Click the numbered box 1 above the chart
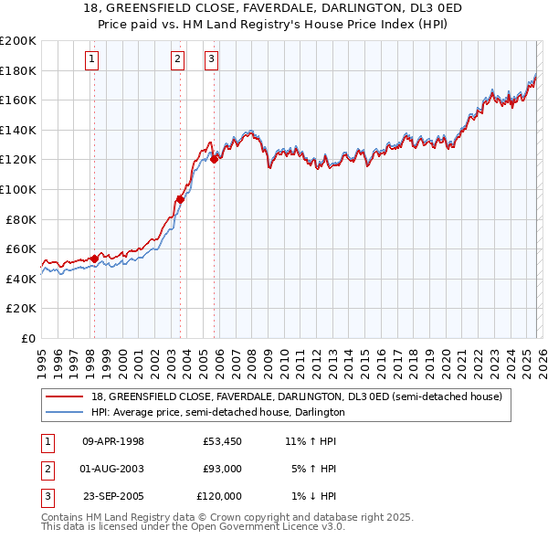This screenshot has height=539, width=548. pyautogui.click(x=93, y=60)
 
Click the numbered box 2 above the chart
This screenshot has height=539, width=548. pyautogui.click(x=177, y=60)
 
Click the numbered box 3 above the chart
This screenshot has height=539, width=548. pyautogui.click(x=211, y=60)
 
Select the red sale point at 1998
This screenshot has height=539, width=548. pyautogui.click(x=94, y=259)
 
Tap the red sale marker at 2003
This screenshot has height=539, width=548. pyautogui.click(x=180, y=199)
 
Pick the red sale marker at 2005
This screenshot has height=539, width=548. pyautogui.click(x=215, y=159)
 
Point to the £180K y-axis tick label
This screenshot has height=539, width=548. pyautogui.click(x=17, y=70)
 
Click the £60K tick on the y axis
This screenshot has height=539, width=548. pyautogui.click(x=21, y=248)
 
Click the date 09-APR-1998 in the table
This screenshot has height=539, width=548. pyautogui.click(x=113, y=441)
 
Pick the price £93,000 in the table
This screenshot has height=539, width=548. pyautogui.click(x=222, y=469)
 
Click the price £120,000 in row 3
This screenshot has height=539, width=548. pyautogui.click(x=220, y=496)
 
